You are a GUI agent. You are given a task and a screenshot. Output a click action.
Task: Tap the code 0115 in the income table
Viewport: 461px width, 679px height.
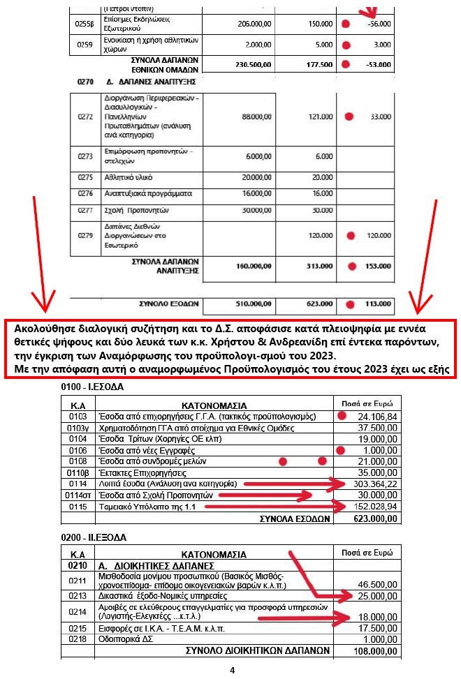(77, 506)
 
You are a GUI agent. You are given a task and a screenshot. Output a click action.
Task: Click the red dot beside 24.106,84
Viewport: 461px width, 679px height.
(342, 416)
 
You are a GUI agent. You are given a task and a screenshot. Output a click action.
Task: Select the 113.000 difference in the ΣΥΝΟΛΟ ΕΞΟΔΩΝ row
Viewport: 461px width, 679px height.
(378, 304)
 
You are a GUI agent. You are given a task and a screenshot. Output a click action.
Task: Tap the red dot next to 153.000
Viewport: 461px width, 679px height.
(351, 266)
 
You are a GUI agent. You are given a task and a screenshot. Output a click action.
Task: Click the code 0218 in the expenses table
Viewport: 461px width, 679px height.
(77, 639)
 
